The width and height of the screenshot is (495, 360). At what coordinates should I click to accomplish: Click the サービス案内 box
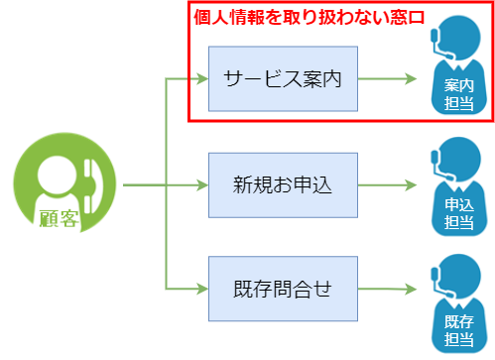pos(283,78)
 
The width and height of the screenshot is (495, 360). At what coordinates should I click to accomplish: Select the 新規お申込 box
pos(283,185)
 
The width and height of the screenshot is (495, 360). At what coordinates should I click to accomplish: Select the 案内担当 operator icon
pos(458,69)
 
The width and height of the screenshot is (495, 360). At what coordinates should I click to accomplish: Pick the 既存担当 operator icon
pos(458,303)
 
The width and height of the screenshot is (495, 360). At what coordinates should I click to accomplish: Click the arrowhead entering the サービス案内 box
pos(201,78)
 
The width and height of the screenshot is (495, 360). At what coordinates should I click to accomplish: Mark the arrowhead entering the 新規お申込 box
pos(201,185)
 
